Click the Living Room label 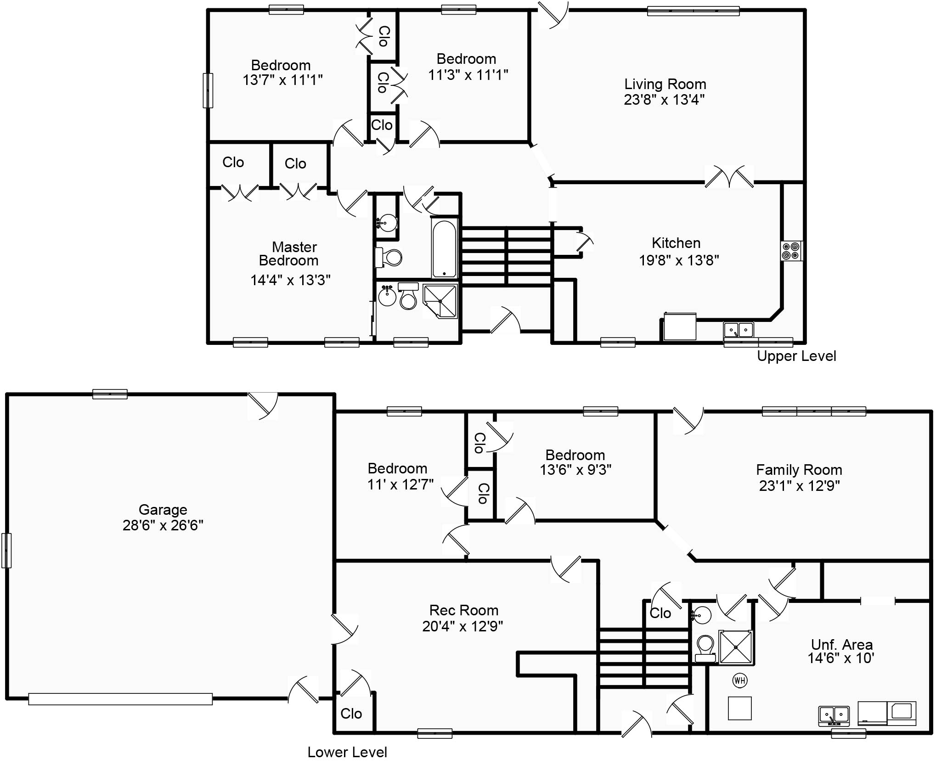click(665, 84)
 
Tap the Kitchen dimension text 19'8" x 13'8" click(679, 260)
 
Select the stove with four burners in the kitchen click(792, 251)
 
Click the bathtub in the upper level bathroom click(444, 248)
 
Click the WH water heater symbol click(739, 680)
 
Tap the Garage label click(163, 510)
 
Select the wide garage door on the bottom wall click(120, 699)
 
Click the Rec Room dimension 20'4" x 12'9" click(462, 626)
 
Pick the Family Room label click(799, 470)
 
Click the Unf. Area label click(841, 644)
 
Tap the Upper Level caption click(796, 356)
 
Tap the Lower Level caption click(347, 752)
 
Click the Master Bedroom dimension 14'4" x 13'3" click(290, 280)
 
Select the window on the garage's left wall click(6, 550)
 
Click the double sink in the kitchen click(739, 330)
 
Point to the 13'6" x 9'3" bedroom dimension click(575, 470)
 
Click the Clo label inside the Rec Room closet click(351, 714)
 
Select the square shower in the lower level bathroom click(736, 647)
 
